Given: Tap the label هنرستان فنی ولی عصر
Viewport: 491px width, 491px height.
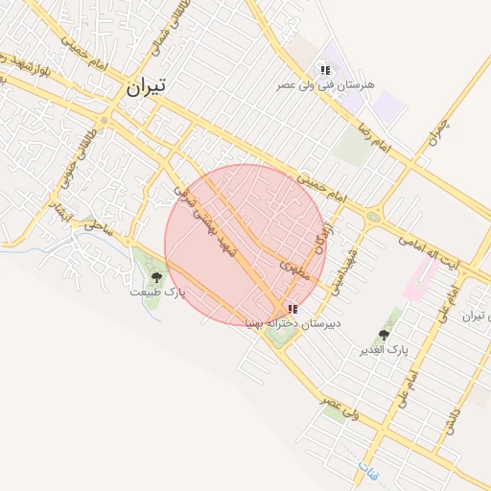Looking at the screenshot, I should click(x=325, y=85).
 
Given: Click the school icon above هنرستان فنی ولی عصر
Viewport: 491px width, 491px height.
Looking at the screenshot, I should click(x=326, y=70).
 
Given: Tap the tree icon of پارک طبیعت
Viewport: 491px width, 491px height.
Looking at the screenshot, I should click(x=156, y=277).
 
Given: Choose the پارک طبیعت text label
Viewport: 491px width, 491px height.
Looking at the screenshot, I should click(x=156, y=291).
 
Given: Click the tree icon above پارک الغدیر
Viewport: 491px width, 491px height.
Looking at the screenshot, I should click(x=384, y=335).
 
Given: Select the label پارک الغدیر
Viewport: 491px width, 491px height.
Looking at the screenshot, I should click(x=384, y=349).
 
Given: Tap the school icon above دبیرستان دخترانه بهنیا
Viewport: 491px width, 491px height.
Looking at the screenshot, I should click(x=292, y=309).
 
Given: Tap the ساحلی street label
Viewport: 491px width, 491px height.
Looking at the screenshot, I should click(x=96, y=225).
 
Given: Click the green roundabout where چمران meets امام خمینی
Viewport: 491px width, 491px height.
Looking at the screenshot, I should click(x=371, y=217).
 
